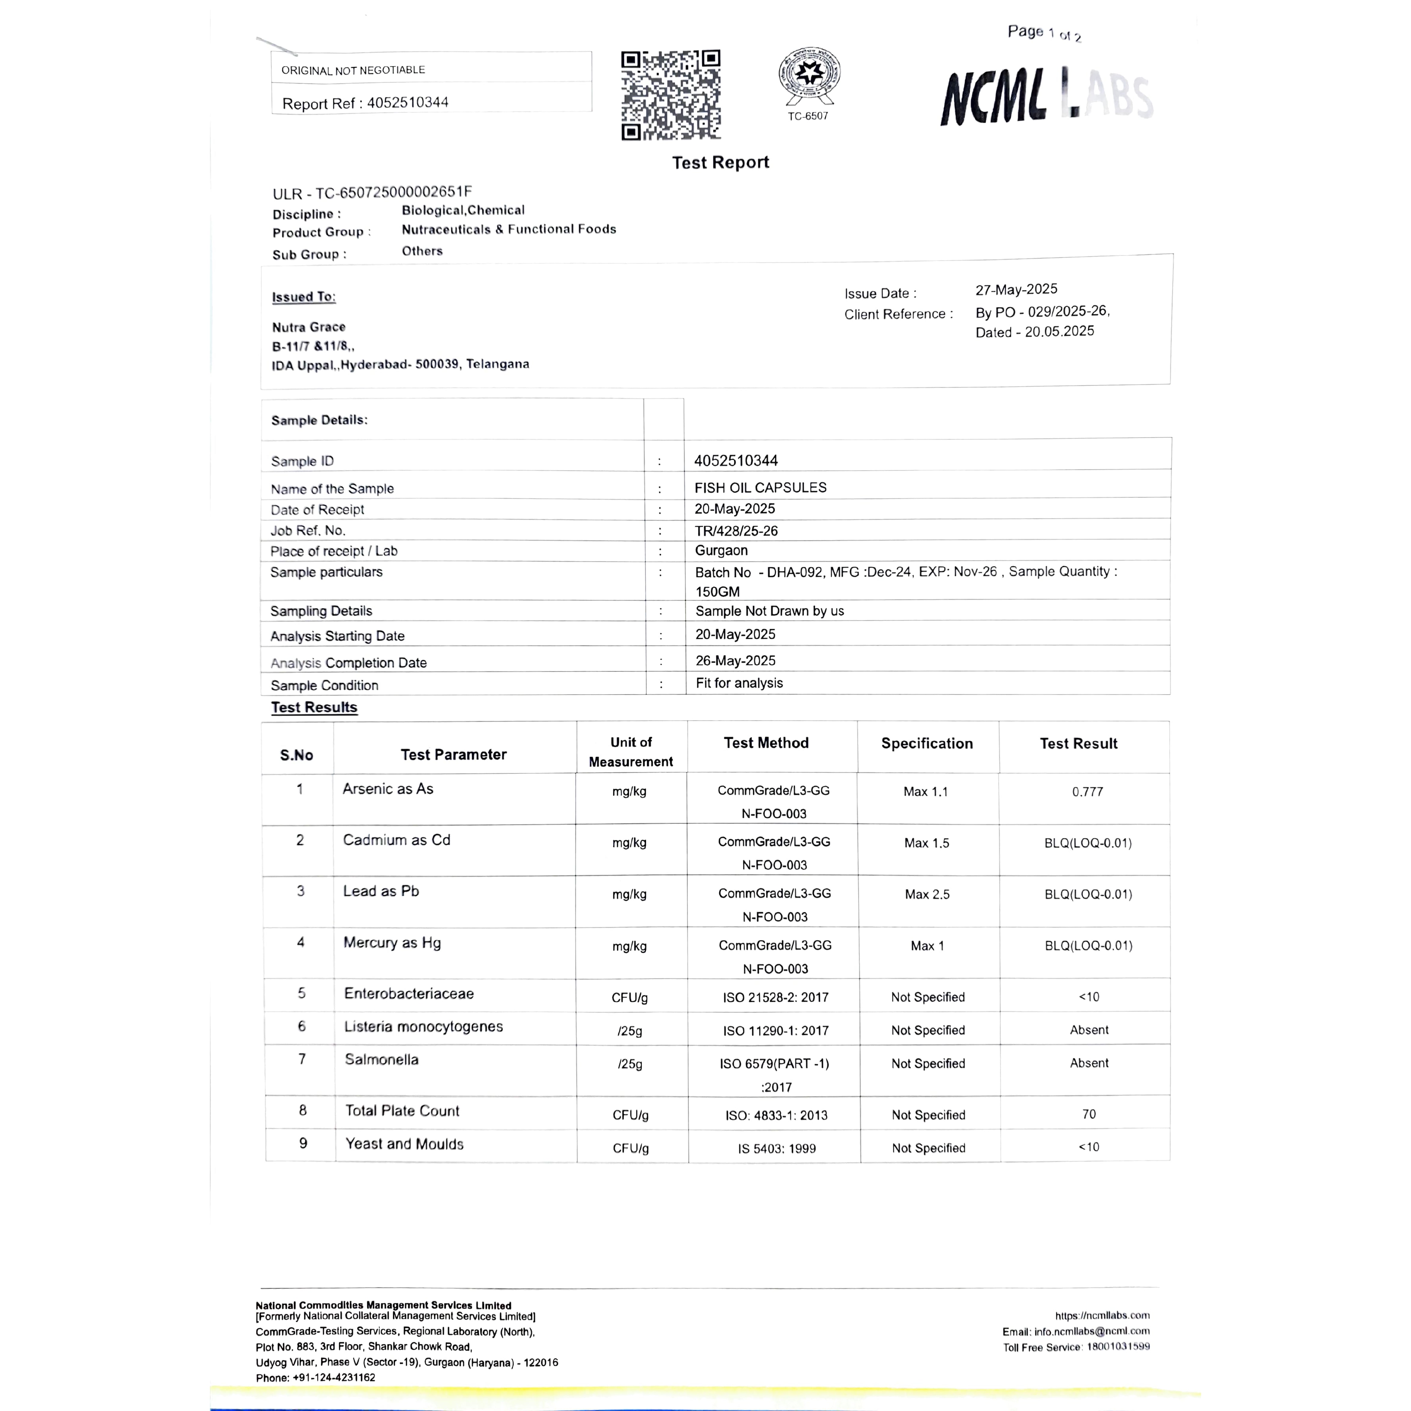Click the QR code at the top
pyautogui.click(x=670, y=95)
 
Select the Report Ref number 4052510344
pyautogui.click(x=408, y=102)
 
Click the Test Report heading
pyautogui.click(x=720, y=162)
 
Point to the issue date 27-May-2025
pyautogui.click(x=1016, y=289)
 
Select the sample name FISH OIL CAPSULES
pyautogui.click(x=760, y=487)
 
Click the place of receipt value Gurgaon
pyautogui.click(x=721, y=551)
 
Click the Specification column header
pyautogui.click(x=927, y=743)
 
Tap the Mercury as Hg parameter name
pyautogui.click(x=392, y=943)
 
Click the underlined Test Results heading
pyautogui.click(x=314, y=707)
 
